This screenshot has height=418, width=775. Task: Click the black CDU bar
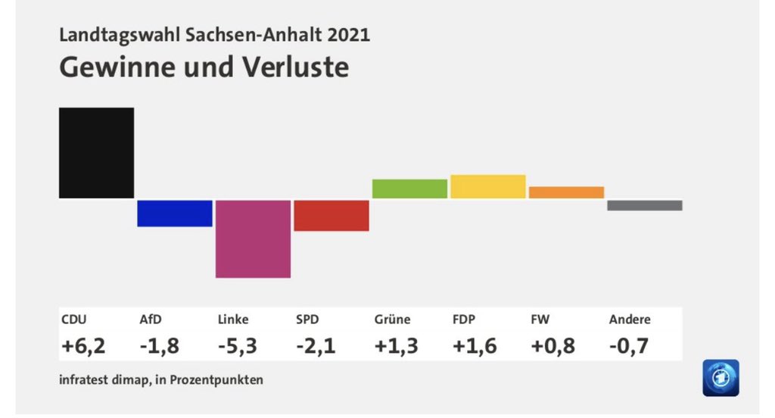point(97,153)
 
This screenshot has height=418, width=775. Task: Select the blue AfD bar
point(175,214)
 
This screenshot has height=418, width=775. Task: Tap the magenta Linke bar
point(253,239)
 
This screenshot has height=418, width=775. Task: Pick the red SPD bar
point(331,215)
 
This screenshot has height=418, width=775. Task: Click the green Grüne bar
point(409,189)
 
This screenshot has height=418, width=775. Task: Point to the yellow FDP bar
point(488,186)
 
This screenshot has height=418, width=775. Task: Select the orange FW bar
point(566,192)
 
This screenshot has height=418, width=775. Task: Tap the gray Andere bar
point(645,205)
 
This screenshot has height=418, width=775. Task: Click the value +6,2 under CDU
point(82,346)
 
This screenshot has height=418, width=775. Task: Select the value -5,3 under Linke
point(238,346)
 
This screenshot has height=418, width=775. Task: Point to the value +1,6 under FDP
point(475,346)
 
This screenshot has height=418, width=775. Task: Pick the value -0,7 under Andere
point(630,346)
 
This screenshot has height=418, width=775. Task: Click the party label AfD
point(151,320)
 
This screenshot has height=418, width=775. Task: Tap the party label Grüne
point(392,320)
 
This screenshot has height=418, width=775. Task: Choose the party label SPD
point(307,320)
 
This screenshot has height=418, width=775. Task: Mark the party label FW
point(540,320)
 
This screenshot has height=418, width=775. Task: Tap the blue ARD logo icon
point(721,377)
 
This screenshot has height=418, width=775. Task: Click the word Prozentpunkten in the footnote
point(220,380)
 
